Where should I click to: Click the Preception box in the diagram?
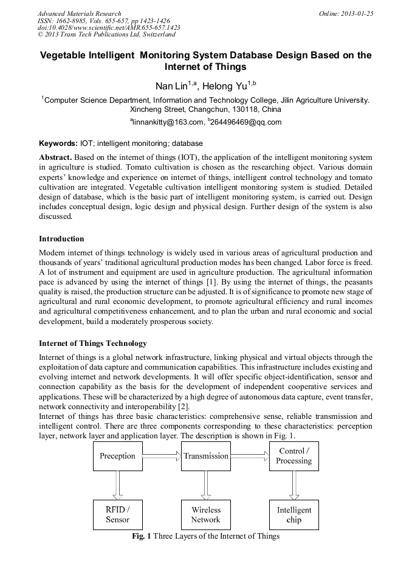(117, 456)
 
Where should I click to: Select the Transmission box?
(205, 456)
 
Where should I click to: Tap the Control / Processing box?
(294, 456)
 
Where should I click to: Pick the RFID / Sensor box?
(117, 514)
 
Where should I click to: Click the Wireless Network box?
(205, 514)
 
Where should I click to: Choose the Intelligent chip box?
(294, 514)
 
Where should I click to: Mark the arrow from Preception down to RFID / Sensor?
(117, 485)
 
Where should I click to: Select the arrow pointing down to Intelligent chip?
(294, 485)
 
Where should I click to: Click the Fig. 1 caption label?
(142, 536)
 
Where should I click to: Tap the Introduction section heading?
(61, 238)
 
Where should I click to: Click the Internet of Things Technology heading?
(92, 343)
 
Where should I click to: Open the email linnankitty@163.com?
(166, 122)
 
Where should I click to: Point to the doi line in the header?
(109, 28)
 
